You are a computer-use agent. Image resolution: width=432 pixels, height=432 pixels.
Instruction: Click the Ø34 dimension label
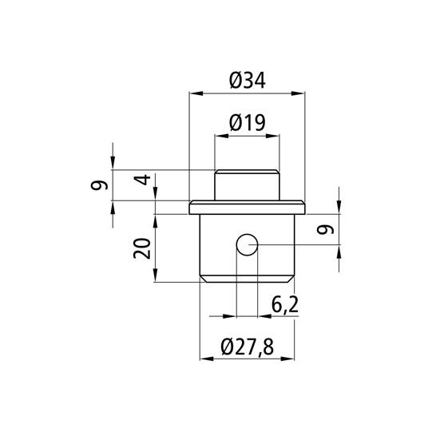[x=247, y=80]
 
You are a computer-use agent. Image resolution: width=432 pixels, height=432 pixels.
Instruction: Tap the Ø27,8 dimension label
[x=247, y=347]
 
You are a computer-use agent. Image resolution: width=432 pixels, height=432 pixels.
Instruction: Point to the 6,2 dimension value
[x=284, y=304]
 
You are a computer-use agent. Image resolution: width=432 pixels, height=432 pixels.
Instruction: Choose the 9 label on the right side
[x=323, y=231]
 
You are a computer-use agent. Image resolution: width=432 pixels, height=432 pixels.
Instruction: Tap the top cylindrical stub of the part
[x=247, y=186]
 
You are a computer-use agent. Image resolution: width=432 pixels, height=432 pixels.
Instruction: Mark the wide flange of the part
[x=247, y=209]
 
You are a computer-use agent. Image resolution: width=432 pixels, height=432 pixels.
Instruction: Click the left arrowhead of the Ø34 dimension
[x=193, y=94]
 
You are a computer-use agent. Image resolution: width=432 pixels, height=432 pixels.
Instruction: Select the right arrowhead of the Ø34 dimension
[x=300, y=94]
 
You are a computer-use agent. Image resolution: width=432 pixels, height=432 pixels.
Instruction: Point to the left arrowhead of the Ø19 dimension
[x=219, y=137]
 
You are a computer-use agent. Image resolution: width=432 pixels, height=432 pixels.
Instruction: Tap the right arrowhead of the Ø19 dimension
[x=275, y=137]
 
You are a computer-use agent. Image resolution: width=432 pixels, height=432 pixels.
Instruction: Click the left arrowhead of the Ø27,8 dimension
[x=204, y=360]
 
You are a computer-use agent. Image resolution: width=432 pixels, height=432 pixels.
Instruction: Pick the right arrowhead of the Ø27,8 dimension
[x=290, y=360]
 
